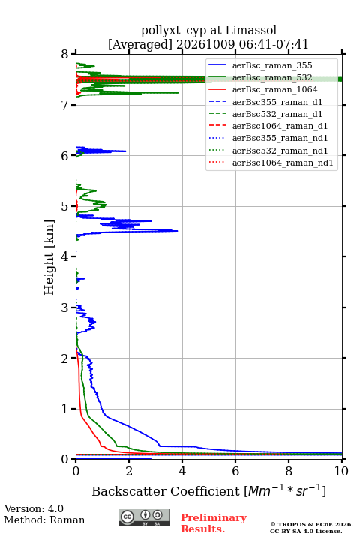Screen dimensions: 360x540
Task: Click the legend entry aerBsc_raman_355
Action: pyautogui.click(x=272, y=65)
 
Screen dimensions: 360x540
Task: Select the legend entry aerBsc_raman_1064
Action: pyautogui.click(x=275, y=89)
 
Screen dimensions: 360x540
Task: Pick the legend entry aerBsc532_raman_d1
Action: pyautogui.click(x=277, y=114)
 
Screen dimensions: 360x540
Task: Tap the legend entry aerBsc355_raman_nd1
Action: pyautogui.click(x=280, y=139)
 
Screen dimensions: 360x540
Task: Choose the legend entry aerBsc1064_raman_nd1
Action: pyautogui.click(x=283, y=163)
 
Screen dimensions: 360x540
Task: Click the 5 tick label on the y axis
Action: pyautogui.click(x=64, y=206)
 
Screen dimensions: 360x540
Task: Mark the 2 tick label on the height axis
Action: pyautogui.click(x=64, y=358)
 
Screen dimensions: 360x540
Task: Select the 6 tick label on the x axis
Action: pyautogui.click(x=235, y=471)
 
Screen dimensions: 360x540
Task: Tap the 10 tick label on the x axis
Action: pyautogui.click(x=341, y=471)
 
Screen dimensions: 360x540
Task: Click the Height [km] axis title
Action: pyautogui.click(x=49, y=257)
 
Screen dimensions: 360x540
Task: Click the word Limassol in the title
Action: pyautogui.click(x=251, y=30)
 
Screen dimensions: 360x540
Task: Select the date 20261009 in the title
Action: pyautogui.click(x=206, y=44)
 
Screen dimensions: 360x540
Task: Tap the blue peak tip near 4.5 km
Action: pyautogui.click(x=178, y=231)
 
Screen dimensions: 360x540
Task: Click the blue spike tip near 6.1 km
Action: pyautogui.click(x=126, y=151)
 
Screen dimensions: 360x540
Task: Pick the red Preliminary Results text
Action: pyautogui.click(x=214, y=523)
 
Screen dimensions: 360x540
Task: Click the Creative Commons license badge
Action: pyautogui.click(x=144, y=517)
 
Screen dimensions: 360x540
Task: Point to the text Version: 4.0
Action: pyautogui.click(x=34, y=508)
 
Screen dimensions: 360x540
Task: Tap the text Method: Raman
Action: pyautogui.click(x=44, y=520)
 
